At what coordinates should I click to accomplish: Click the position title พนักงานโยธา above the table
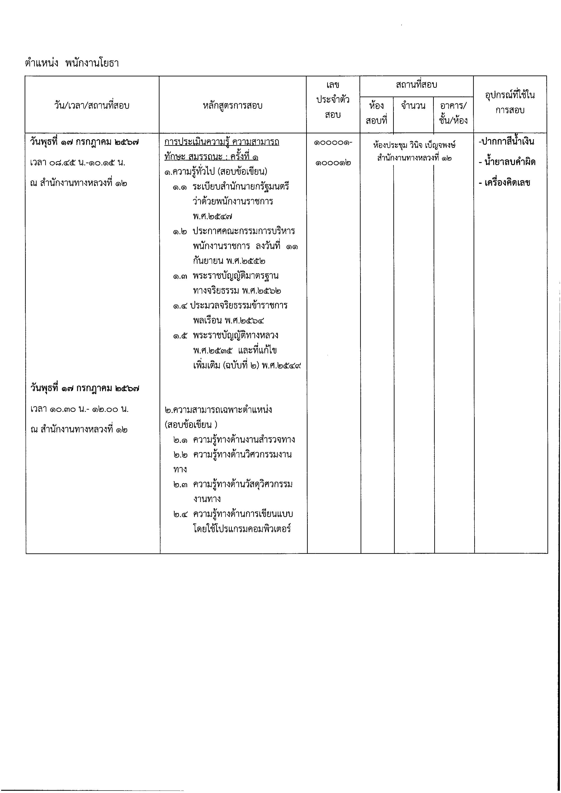point(92,63)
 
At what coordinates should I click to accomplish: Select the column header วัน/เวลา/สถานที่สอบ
point(92,105)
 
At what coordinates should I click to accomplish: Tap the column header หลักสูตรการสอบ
point(232,105)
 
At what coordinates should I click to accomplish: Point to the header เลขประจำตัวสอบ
point(333,100)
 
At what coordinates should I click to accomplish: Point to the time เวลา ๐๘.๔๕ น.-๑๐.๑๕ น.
point(78,162)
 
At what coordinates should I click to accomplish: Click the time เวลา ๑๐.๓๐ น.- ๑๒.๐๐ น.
point(80,409)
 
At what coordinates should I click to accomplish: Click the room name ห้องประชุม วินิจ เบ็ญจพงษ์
point(414,145)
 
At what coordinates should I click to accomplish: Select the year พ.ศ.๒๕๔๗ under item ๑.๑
point(212,217)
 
